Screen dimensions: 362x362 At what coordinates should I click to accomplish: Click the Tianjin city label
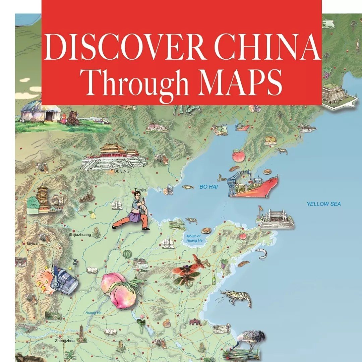[x=140, y=190]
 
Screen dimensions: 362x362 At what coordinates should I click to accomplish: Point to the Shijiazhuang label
[x=80, y=235]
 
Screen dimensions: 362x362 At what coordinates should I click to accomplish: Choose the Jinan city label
[x=145, y=270]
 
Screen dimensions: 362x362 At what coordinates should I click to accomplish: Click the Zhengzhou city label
[x=64, y=341]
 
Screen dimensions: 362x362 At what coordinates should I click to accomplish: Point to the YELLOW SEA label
[x=323, y=204]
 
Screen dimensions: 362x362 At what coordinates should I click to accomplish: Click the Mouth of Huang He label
[x=194, y=238]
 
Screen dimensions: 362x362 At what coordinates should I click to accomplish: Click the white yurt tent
[x=41, y=111]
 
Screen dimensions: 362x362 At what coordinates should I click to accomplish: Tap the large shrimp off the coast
[x=236, y=298]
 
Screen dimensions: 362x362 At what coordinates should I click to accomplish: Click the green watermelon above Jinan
[x=126, y=254]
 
